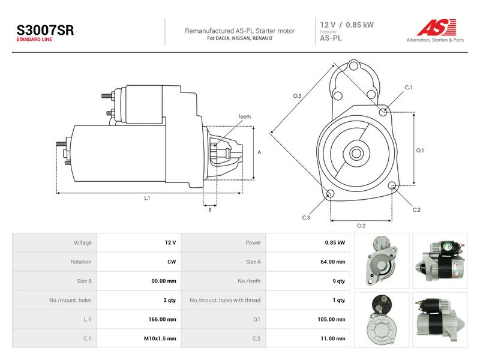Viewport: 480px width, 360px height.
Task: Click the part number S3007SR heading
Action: point(45,30)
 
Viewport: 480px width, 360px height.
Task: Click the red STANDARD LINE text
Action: point(34,40)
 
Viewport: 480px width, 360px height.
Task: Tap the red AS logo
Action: point(437,27)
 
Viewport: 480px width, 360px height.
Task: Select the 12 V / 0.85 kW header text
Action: point(347,25)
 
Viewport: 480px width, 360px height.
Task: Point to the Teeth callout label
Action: point(244,116)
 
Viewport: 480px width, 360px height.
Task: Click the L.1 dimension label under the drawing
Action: point(147,198)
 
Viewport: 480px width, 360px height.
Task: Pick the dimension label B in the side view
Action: point(209,209)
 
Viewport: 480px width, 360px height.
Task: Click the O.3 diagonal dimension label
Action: point(297,96)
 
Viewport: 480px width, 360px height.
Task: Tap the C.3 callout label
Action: point(306,217)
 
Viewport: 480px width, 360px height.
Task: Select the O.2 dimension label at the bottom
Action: point(361,226)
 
